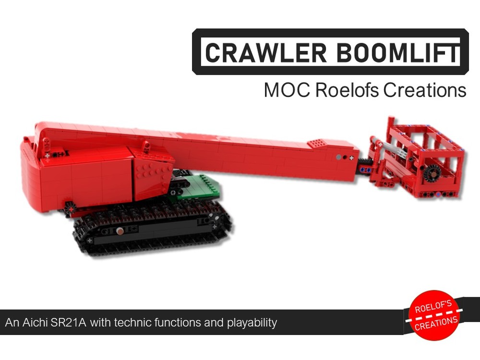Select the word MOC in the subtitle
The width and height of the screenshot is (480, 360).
(287, 90)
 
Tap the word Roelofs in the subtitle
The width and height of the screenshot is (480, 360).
(348, 90)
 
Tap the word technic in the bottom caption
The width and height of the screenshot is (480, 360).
(132, 322)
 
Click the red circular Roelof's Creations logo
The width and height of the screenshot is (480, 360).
(434, 315)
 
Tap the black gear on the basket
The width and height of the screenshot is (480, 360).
(433, 173)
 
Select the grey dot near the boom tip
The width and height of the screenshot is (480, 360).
(339, 157)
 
